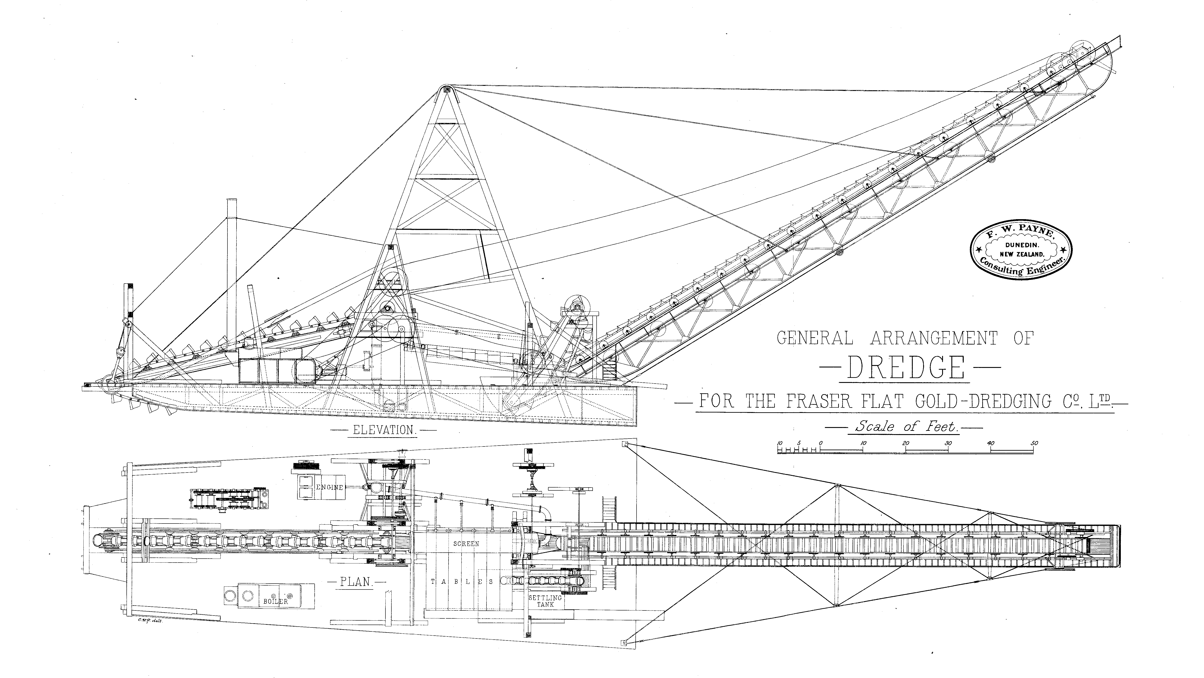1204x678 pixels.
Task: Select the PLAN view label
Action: point(355,582)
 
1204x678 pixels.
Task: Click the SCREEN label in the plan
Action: point(466,544)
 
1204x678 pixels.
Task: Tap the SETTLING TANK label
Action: point(545,601)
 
